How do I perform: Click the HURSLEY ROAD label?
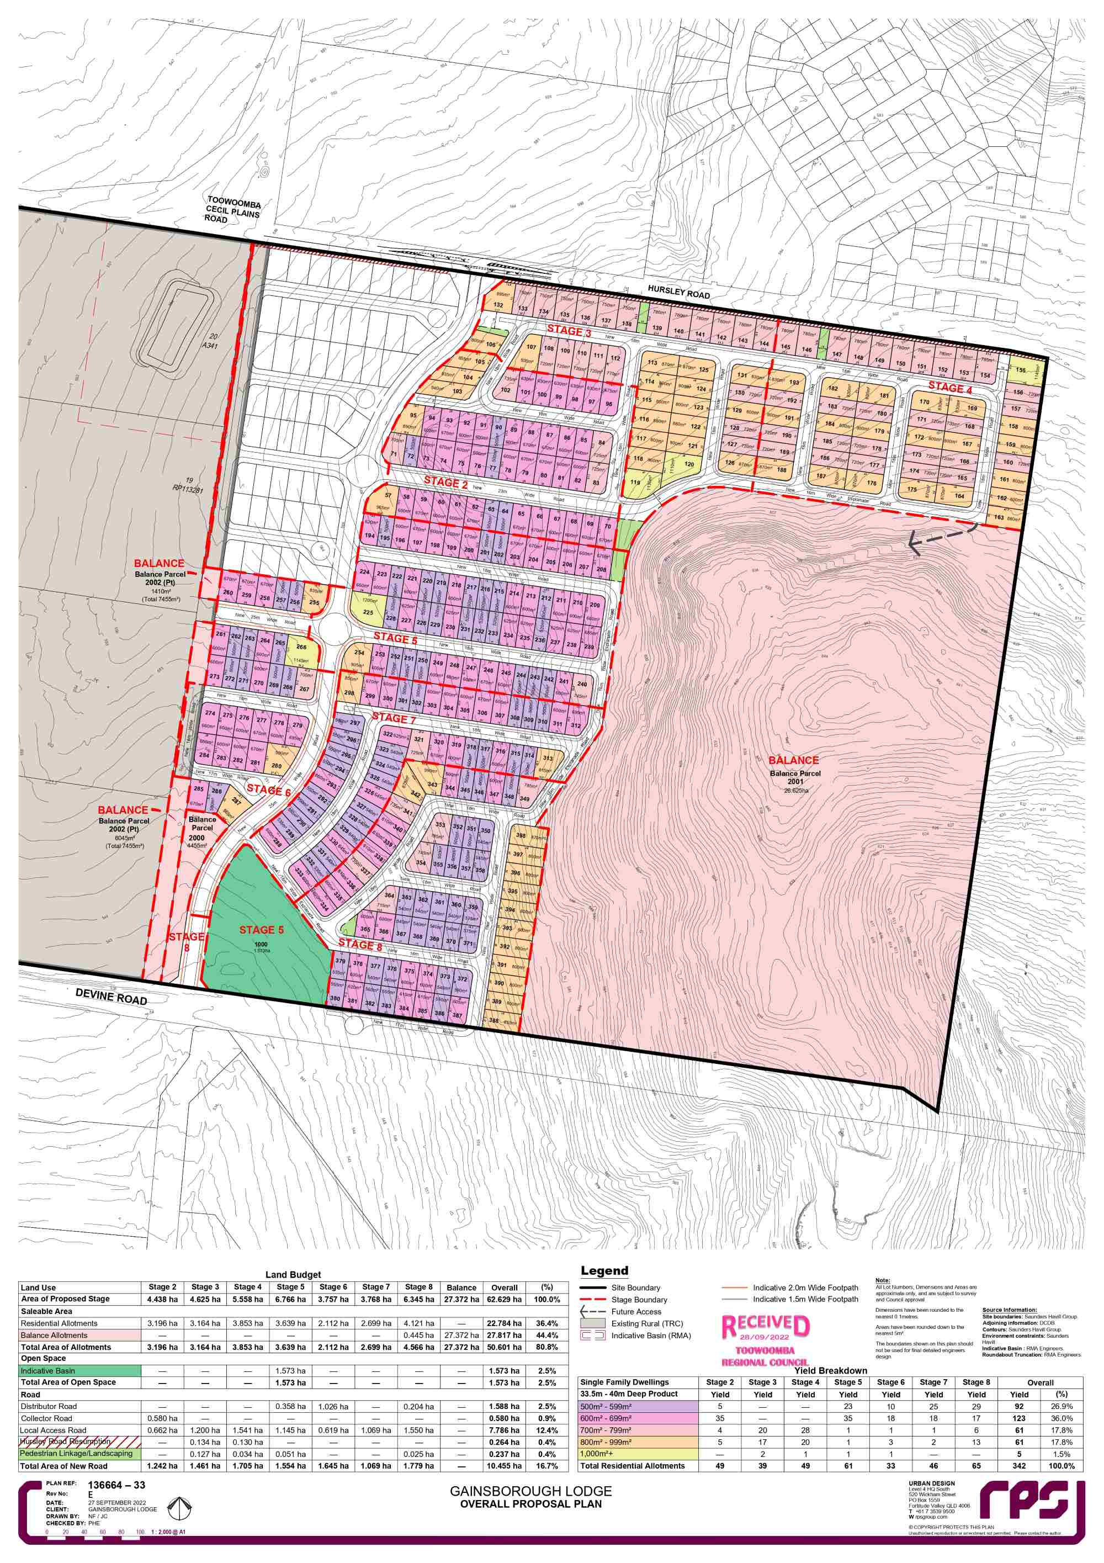(x=678, y=292)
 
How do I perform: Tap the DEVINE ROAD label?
(x=111, y=997)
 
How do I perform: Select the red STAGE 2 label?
(x=446, y=483)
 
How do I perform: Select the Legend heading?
(x=604, y=1271)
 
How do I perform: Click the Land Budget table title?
(x=293, y=1274)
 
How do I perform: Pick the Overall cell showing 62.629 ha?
(x=505, y=1299)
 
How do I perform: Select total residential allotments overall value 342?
(x=1019, y=1466)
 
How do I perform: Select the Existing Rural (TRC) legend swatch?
(x=592, y=1323)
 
